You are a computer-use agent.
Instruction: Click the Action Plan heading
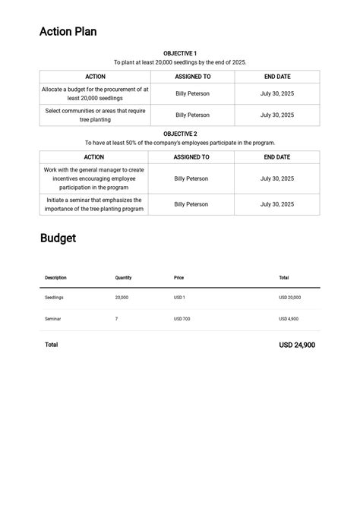(68, 32)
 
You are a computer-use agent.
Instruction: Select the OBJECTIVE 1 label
(180, 54)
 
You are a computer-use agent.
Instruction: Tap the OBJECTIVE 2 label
(180, 134)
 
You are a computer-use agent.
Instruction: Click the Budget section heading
(58, 238)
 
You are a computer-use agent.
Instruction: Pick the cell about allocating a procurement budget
(95, 93)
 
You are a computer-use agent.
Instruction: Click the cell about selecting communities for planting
(95, 115)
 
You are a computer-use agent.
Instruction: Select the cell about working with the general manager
(93, 178)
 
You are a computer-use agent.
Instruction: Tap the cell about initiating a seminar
(93, 204)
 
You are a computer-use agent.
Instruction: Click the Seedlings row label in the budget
(54, 298)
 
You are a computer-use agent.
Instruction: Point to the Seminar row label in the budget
(52, 319)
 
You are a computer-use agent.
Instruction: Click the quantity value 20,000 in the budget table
(122, 298)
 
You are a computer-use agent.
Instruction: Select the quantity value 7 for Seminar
(116, 319)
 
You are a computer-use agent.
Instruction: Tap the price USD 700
(182, 319)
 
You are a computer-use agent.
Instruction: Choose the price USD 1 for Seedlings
(179, 298)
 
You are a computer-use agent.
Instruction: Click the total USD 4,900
(289, 319)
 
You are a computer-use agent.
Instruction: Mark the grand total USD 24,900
(297, 346)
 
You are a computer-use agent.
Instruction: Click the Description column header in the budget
(55, 278)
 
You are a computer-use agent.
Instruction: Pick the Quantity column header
(123, 278)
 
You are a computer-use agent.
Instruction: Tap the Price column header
(178, 278)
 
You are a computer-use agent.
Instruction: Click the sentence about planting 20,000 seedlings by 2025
(180, 63)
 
